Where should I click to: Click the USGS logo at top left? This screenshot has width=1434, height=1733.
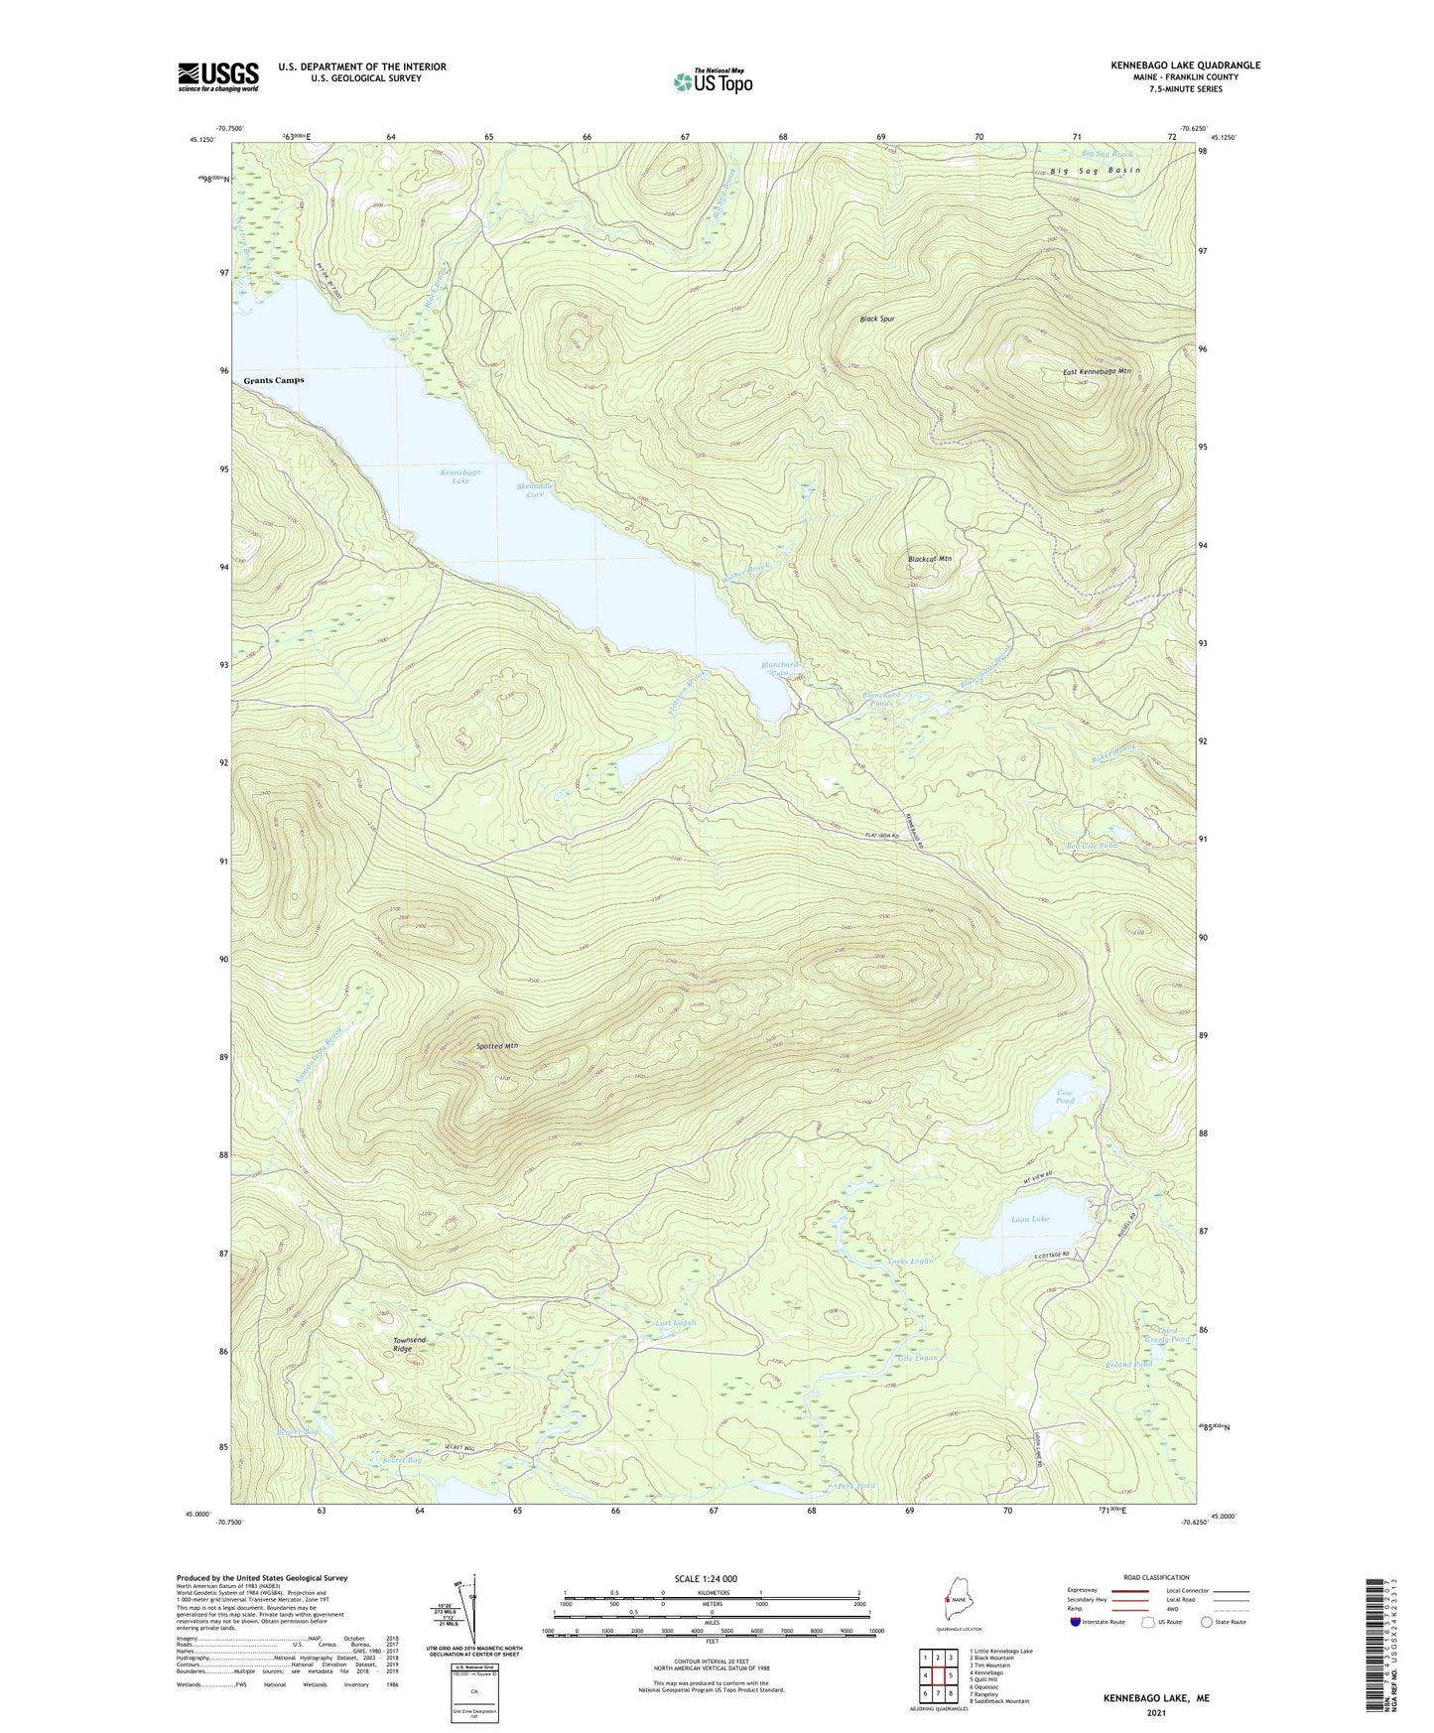coord(217,76)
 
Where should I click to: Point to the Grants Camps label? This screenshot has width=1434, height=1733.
coord(274,380)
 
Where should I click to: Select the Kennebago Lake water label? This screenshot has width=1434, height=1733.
coord(460,477)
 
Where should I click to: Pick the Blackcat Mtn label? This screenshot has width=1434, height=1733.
coord(929,559)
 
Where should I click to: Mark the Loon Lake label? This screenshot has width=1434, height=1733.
coord(1029,1219)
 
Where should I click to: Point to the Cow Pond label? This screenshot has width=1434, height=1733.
coord(1064,1096)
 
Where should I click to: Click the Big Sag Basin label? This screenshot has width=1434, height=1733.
coord(1095,171)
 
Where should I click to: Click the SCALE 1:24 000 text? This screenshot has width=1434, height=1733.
coord(705,1579)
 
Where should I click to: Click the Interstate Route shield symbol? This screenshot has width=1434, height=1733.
coord(1076,1622)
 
